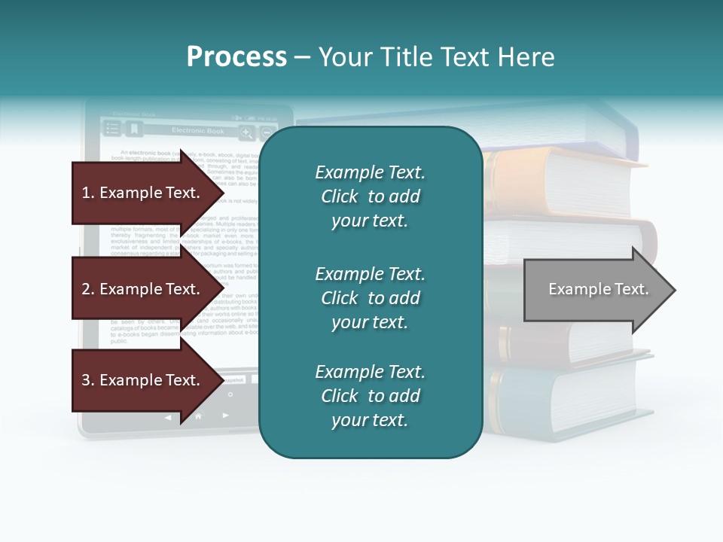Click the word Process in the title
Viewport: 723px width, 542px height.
click(236, 57)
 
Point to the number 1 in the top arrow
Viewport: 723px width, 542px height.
click(86, 193)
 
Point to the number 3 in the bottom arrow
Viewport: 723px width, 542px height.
click(86, 380)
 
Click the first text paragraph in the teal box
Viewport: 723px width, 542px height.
click(370, 196)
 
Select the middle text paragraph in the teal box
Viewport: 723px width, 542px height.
click(370, 298)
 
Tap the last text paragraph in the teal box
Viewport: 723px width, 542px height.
click(370, 396)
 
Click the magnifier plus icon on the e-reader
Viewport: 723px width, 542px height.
click(246, 133)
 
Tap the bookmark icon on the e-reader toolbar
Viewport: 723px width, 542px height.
click(133, 129)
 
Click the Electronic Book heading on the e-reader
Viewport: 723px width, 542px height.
click(197, 131)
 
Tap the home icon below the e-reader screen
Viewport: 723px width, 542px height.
click(198, 416)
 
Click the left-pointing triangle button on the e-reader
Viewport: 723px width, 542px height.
click(168, 416)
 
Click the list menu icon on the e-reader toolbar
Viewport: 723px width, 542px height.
click(112, 129)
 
